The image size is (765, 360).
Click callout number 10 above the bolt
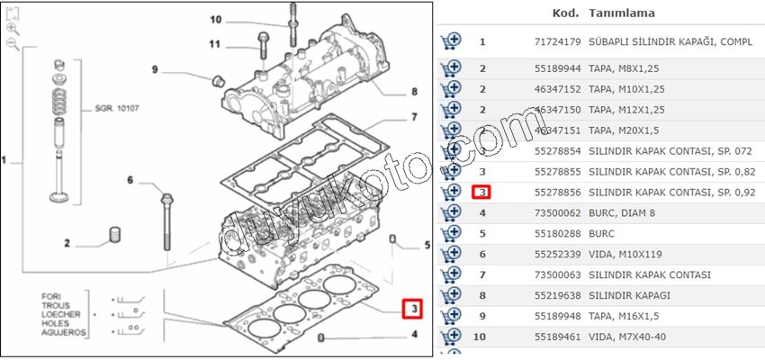(x=216, y=19)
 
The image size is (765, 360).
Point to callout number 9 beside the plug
(x=155, y=70)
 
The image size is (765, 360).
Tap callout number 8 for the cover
(x=413, y=92)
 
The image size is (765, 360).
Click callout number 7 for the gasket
(x=413, y=117)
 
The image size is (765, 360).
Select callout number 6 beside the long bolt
(x=130, y=180)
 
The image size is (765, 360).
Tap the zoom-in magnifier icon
(x=13, y=29)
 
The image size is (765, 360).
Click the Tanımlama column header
(x=621, y=13)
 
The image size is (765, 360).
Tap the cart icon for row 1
(x=451, y=41)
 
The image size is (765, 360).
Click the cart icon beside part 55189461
(x=451, y=337)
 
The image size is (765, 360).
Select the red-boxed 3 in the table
(x=482, y=193)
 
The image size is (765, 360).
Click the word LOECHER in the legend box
(x=60, y=314)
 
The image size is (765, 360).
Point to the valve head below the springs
(x=60, y=197)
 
